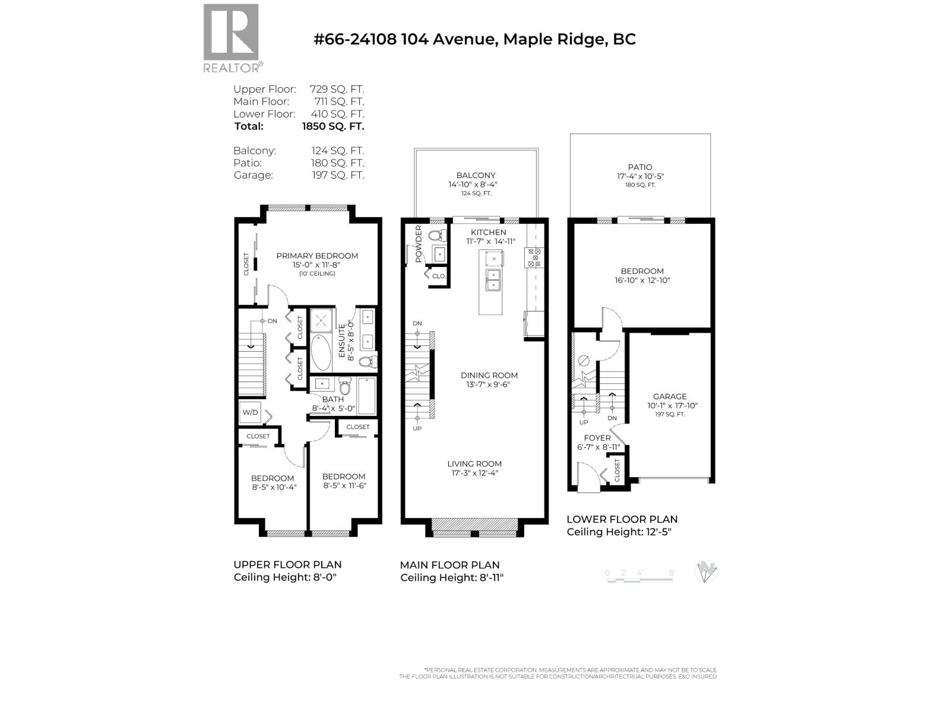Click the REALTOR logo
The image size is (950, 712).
(x=232, y=38)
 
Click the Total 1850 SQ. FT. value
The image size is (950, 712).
(x=332, y=126)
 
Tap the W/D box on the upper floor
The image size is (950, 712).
(x=250, y=412)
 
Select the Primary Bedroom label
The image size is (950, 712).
(x=317, y=256)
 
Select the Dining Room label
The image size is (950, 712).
(x=489, y=375)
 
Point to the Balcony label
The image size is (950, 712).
(x=476, y=176)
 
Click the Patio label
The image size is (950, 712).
(x=639, y=167)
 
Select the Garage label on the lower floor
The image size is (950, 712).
(x=670, y=396)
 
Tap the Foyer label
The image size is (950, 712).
(x=597, y=438)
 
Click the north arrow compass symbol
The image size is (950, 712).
(x=706, y=572)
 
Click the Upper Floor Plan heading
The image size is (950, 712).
(x=287, y=565)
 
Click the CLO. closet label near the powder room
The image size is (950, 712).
(x=439, y=276)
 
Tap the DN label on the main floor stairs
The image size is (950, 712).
(x=417, y=323)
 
